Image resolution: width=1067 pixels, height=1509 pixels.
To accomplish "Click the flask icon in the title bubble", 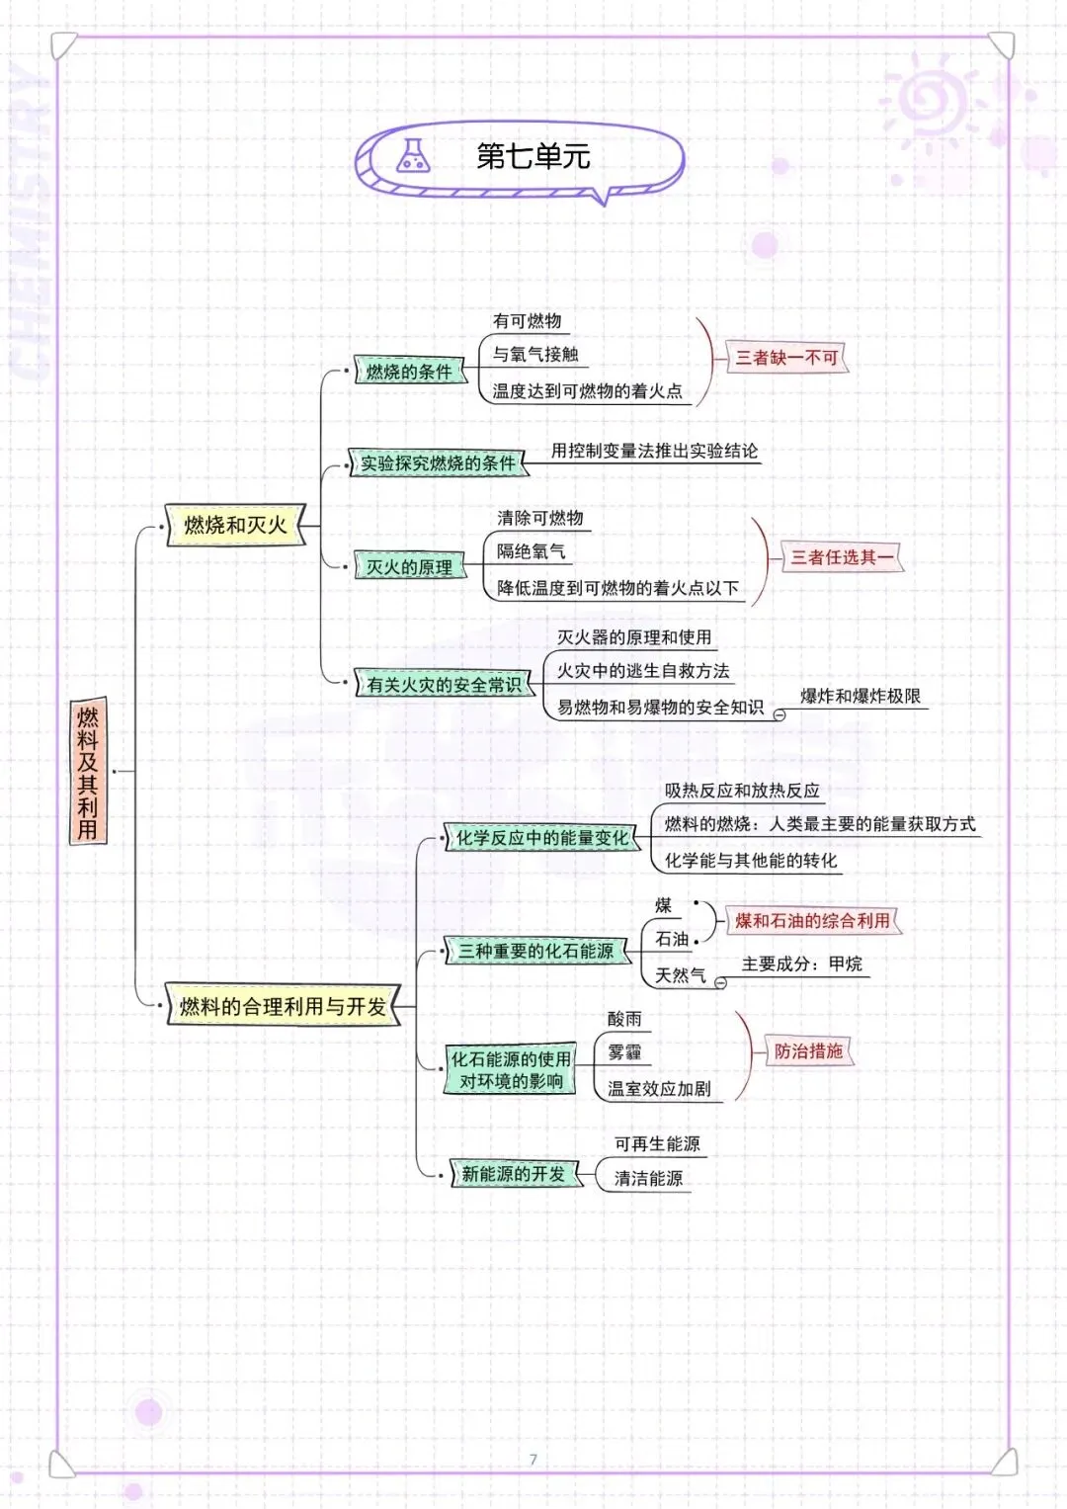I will tap(413, 156).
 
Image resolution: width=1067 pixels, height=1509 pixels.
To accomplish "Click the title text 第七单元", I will tap(533, 156).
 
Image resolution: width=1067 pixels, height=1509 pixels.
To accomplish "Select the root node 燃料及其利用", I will tap(88, 772).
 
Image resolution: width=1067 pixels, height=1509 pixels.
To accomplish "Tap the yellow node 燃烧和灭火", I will tap(235, 525).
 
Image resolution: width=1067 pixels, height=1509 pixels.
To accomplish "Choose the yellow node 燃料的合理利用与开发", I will tap(283, 1006).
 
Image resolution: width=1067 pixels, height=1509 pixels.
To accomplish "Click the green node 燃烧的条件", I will tap(409, 372).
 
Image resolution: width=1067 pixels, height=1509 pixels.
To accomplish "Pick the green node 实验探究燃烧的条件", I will tap(438, 462).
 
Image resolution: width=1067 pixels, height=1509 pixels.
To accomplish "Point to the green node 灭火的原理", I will tap(409, 567).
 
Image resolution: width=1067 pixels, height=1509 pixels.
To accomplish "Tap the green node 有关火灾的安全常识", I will tap(444, 684).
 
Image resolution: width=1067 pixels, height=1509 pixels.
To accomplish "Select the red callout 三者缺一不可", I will tap(786, 358).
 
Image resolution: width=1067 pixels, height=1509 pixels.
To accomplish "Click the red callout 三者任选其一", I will tap(842, 557).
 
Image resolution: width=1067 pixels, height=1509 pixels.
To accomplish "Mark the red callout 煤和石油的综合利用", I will tap(812, 921).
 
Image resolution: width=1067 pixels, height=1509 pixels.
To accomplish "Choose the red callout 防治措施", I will tap(808, 1051).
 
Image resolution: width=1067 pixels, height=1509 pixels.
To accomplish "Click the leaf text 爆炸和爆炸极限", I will tap(860, 696).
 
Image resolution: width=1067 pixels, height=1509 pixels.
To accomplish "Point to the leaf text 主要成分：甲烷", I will tap(802, 964).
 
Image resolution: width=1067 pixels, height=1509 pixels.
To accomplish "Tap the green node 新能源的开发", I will tap(514, 1174).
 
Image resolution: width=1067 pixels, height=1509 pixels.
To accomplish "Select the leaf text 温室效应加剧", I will tap(659, 1088).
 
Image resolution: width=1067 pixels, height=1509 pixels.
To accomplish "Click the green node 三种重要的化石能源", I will tap(535, 951).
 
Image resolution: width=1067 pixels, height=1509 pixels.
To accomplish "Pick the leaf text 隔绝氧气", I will tap(531, 551).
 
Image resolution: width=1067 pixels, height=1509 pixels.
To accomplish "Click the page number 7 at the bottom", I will tap(533, 1459).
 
